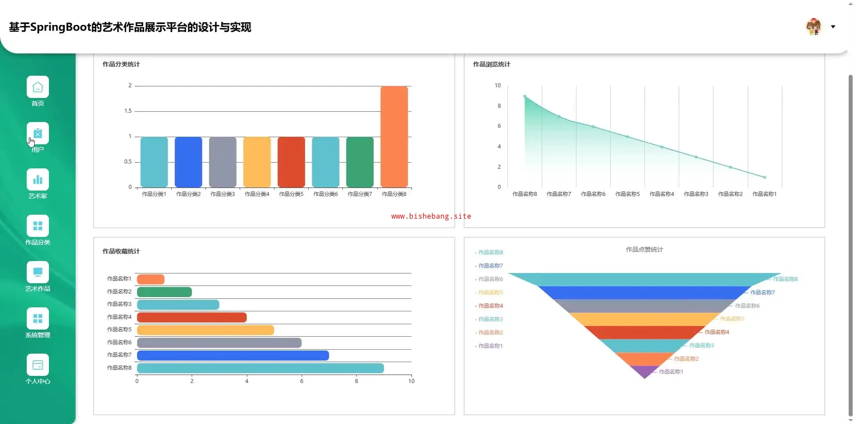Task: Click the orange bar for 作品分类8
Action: pos(394,136)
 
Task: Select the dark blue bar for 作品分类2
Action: pos(188,162)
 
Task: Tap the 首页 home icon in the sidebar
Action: pos(38,87)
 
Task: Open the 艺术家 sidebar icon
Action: pos(38,179)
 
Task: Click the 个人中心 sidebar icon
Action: pos(38,365)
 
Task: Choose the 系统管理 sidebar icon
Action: pos(38,318)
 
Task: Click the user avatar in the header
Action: pos(814,27)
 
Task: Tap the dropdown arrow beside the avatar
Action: pos(833,27)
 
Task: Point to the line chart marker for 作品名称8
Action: pos(525,96)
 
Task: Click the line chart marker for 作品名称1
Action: pos(765,177)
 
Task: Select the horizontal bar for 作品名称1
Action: pos(151,279)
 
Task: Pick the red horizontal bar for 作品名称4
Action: pos(192,318)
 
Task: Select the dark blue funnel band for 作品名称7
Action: pos(645,293)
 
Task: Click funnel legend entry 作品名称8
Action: pos(490,253)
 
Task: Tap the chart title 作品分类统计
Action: pos(121,64)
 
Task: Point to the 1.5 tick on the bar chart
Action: pos(128,111)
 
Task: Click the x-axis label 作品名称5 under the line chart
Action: pos(627,194)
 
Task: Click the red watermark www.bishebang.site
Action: pos(431,216)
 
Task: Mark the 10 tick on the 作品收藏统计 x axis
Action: pos(411,381)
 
